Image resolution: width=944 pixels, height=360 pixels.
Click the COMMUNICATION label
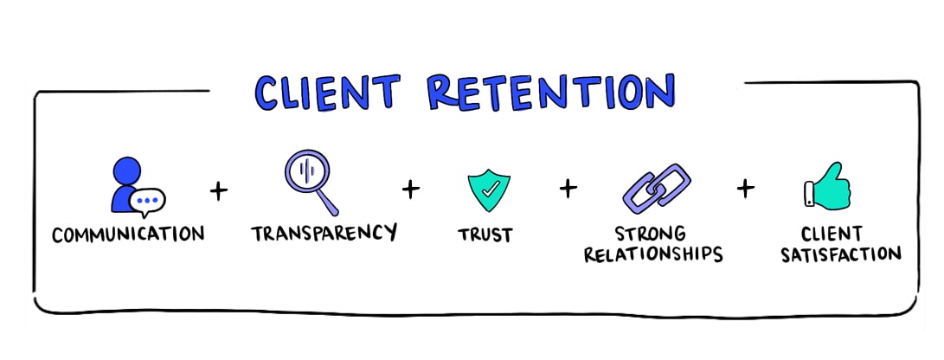point(127,235)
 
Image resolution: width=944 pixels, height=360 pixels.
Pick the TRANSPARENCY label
point(324,233)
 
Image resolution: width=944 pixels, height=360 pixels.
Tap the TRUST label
point(485,234)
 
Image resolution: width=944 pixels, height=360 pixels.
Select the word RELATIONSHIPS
point(652,254)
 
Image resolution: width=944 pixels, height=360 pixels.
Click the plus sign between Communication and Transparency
point(220,190)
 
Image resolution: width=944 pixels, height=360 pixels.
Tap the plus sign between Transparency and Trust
point(410,188)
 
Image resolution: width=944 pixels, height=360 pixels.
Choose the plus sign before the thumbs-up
point(744,188)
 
